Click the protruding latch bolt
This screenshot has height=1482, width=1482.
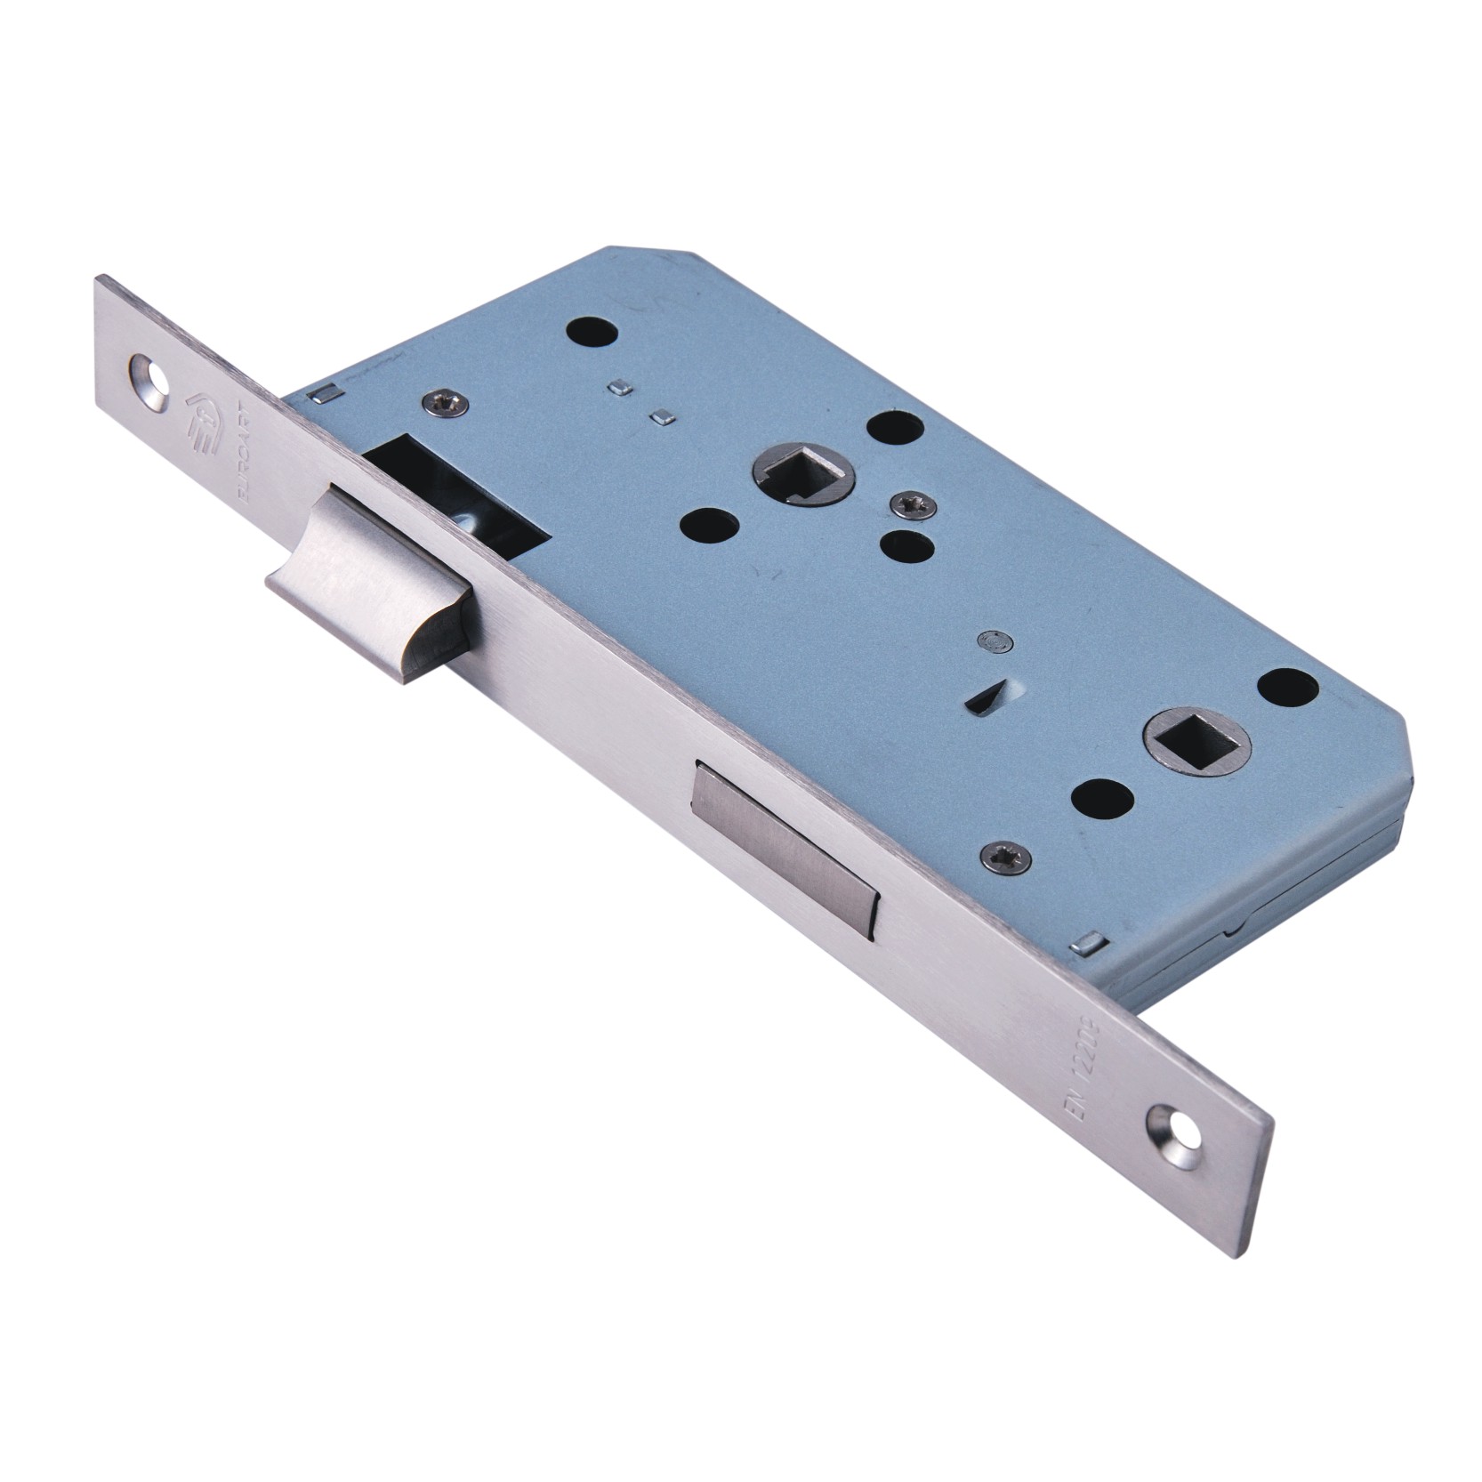pyautogui.click(x=374, y=569)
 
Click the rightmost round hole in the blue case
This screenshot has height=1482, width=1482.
pyautogui.click(x=1289, y=685)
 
